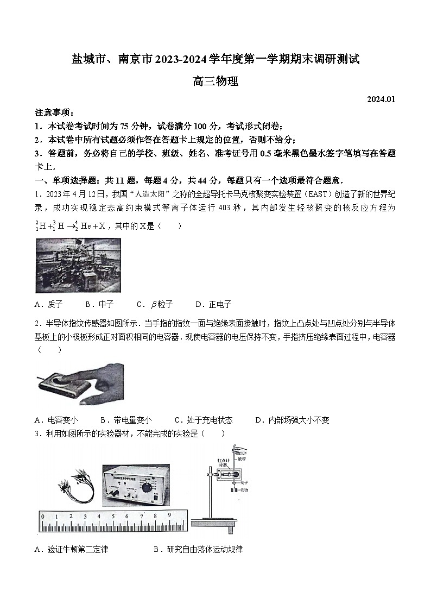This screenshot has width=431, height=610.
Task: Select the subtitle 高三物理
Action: [x=215, y=82]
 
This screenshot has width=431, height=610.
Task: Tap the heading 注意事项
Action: [x=54, y=112]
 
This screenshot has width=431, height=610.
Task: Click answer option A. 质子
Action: [x=49, y=304]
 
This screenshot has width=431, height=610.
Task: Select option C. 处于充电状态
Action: [x=204, y=420]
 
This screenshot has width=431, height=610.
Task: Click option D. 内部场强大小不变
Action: [x=292, y=420]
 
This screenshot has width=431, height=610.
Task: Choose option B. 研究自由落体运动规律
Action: [x=198, y=549]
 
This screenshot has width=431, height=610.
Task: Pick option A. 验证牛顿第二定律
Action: [x=71, y=549]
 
